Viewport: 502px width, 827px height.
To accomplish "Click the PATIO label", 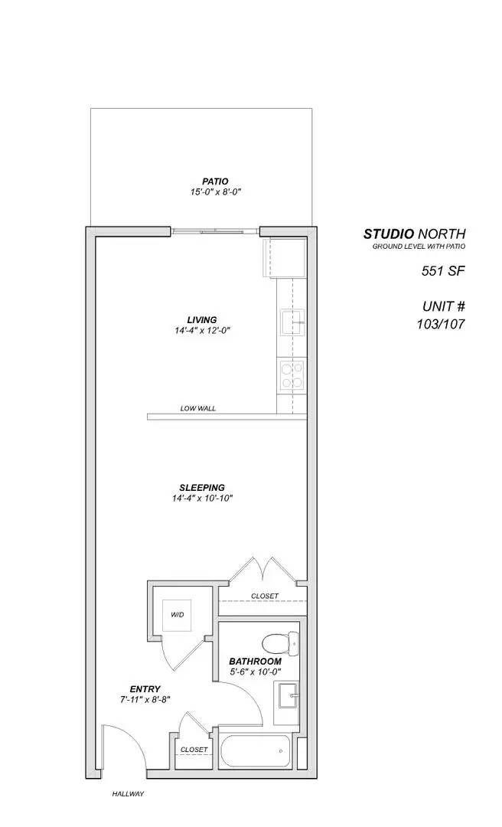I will tap(215, 181).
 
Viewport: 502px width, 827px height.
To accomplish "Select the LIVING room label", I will tap(202, 319).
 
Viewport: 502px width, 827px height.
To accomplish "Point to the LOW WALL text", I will tap(198, 409).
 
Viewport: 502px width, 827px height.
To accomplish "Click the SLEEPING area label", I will tap(202, 488).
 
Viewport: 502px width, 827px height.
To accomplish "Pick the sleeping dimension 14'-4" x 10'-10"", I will tap(202, 498).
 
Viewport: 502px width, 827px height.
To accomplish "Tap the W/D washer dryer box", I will tap(177, 615).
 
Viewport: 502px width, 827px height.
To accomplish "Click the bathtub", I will tap(256, 752).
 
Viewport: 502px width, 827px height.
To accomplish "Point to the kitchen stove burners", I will tap(290, 375).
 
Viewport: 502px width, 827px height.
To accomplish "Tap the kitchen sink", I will tap(292, 323).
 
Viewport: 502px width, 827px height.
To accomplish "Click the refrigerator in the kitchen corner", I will tap(285, 258).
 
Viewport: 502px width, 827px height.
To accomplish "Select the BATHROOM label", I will tap(255, 661).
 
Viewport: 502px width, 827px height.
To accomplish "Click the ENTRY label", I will tap(145, 689).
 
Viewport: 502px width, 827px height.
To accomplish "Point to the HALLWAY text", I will tap(128, 794).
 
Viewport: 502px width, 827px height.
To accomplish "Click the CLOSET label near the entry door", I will tap(194, 750).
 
